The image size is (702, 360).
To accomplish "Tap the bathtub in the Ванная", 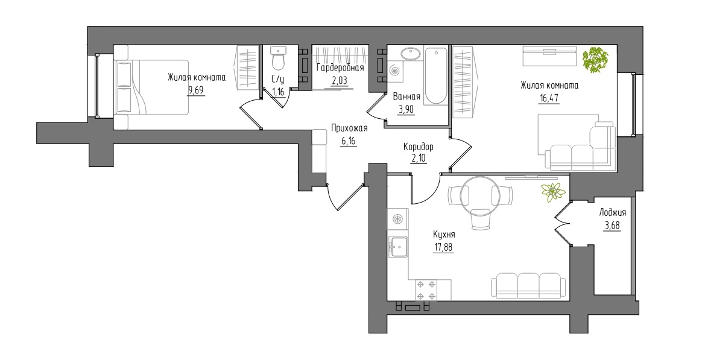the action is click(435, 75).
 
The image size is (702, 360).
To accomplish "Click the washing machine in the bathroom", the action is click(395, 71).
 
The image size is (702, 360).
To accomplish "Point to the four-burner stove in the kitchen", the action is click(426, 289).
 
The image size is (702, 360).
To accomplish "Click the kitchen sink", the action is click(397, 246).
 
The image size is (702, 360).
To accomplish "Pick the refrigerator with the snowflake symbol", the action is click(397, 219).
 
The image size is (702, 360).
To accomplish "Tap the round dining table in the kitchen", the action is click(479, 195).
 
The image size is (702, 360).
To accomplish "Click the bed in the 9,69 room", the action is click(151, 87).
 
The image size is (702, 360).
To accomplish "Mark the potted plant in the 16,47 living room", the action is click(596, 60).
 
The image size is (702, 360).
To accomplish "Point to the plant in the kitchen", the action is click(553, 192).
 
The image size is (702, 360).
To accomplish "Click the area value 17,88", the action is click(443, 247).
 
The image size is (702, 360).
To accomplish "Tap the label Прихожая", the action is click(349, 128).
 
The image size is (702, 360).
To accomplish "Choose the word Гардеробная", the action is click(340, 68).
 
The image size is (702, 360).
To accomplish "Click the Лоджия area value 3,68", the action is click(612, 225).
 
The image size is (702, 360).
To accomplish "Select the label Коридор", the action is click(418, 147).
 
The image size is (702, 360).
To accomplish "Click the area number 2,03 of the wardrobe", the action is click(340, 81).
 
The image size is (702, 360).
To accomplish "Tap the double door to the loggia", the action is click(564, 223).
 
